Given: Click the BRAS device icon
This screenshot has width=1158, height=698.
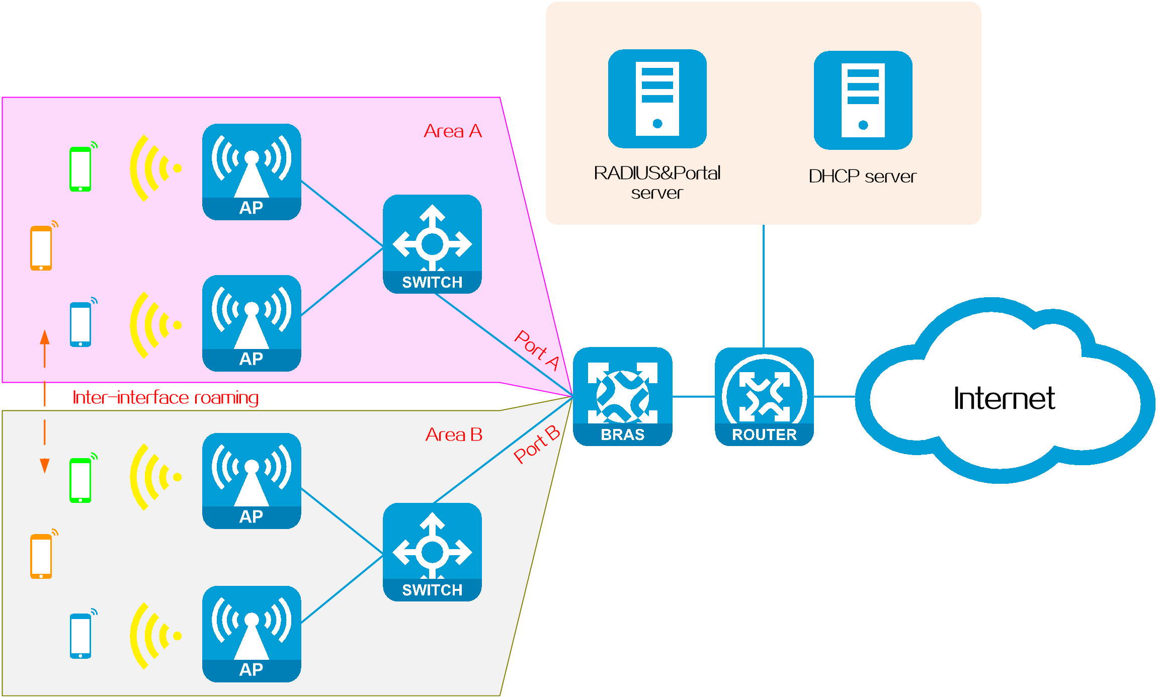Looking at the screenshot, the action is pos(623,396).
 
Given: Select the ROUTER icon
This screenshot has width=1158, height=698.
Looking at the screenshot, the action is pos(764,396).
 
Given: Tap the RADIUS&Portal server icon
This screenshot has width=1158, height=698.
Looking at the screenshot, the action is pos(657,99).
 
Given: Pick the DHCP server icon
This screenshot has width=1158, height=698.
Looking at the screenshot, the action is pos(863,100).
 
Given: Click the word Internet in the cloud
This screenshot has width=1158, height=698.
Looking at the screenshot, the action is pos(1004,398).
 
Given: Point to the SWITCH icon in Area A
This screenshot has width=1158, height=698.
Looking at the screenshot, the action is pos(432,244).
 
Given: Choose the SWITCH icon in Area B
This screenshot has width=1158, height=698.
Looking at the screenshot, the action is pos(432,552).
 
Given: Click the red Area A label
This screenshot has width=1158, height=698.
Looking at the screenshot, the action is pos(453,131).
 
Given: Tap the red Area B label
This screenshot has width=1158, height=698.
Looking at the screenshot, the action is pos(454,434).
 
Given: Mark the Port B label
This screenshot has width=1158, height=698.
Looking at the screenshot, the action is pos(537,444).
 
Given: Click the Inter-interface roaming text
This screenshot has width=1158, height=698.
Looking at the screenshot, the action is pos(166,398).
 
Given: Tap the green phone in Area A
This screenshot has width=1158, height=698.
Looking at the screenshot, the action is pos(81,168).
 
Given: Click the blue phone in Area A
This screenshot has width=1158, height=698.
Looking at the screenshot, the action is pos(81,323).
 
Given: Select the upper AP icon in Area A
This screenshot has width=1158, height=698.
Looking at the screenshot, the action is pos(252,172).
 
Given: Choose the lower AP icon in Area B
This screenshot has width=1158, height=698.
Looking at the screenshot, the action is pos(252,634).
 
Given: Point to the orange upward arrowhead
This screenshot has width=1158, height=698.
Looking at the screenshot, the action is pos(45,337).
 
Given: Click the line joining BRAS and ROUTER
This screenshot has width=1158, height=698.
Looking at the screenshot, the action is pos(694,397).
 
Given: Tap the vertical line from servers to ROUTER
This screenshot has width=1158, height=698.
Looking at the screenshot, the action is pos(764,286).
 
